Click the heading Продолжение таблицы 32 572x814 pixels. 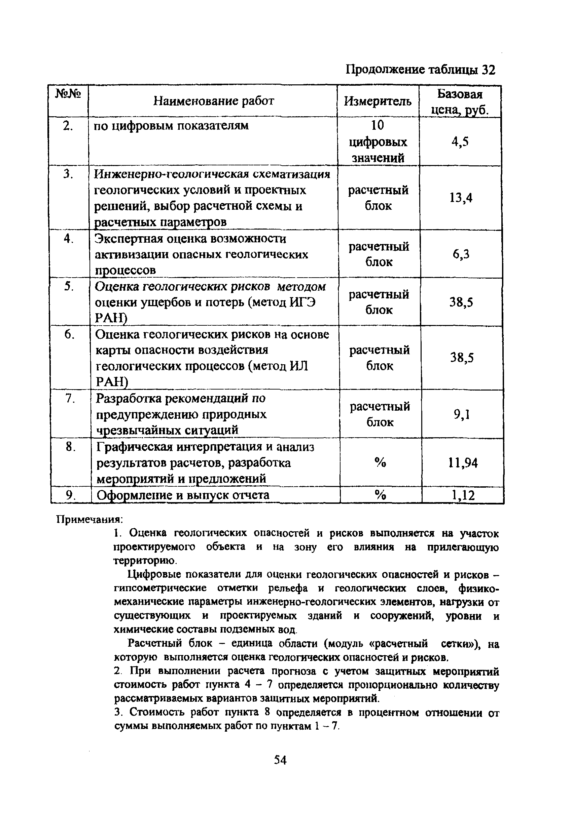[420, 70]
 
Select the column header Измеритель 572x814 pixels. [378, 102]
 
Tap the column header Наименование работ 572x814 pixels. [214, 101]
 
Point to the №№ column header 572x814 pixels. [68, 94]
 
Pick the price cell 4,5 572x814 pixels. [460, 142]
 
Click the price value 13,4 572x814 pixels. [461, 198]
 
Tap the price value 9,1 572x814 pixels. [462, 414]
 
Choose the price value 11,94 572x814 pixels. [463, 463]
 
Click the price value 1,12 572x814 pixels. [463, 495]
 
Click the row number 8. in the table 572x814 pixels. [71, 447]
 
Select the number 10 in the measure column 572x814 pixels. [378, 125]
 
